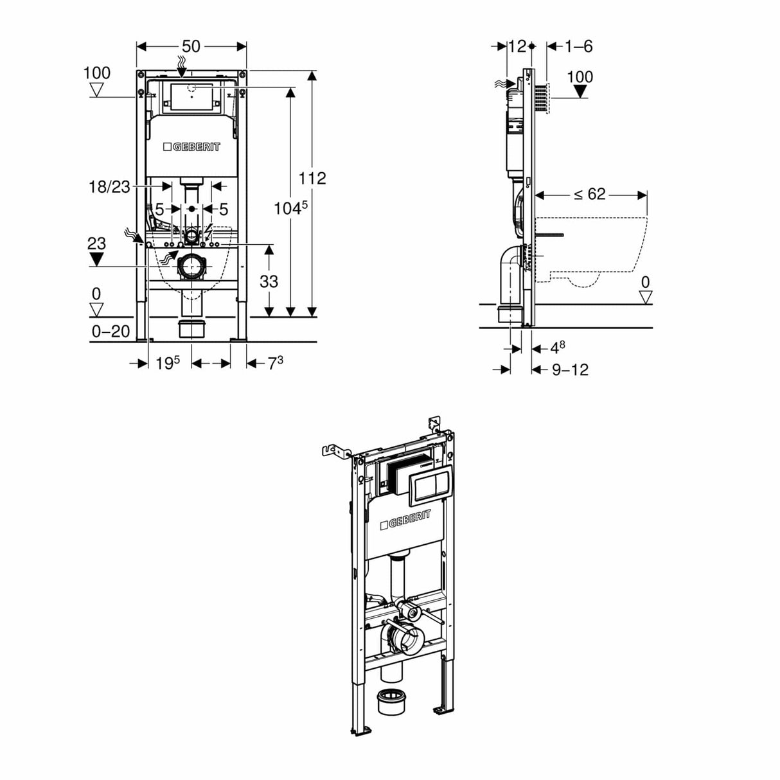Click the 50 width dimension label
191,46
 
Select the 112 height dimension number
312,178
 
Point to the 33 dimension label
269,281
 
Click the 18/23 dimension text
109,186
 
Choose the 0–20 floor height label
111,332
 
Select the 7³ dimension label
275,363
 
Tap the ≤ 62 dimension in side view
590,194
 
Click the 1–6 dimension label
578,46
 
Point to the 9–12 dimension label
570,369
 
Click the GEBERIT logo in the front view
191,147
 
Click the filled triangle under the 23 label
96,259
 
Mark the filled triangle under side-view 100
580,91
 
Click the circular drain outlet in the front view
191,267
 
